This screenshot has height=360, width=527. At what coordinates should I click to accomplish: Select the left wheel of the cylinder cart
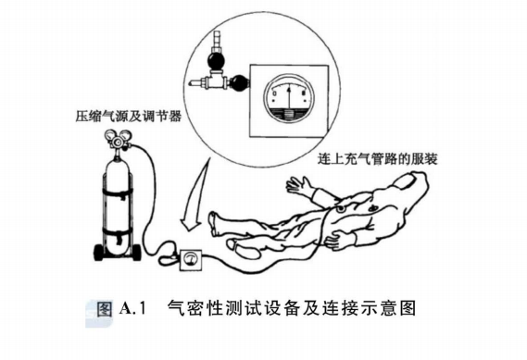point(99,251)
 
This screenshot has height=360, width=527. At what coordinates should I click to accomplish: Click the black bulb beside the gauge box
point(238,83)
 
